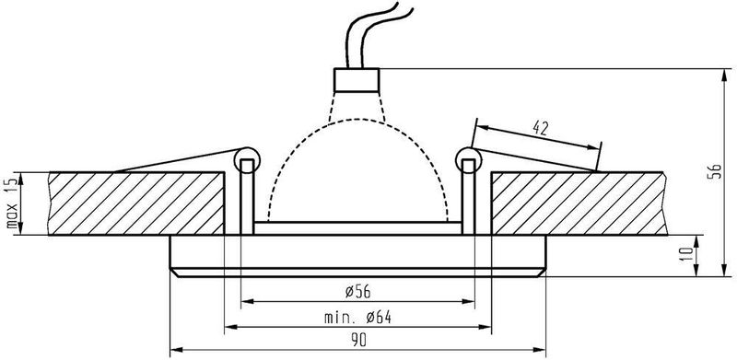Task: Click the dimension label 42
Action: [541, 127]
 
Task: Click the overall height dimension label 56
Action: [713, 171]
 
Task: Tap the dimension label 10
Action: [687, 254]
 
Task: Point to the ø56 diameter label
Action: [357, 292]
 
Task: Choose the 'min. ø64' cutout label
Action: [357, 318]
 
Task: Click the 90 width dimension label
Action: [358, 341]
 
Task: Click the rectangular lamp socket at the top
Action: [357, 80]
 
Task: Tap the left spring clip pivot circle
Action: [246, 160]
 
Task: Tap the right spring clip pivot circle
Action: [469, 160]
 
